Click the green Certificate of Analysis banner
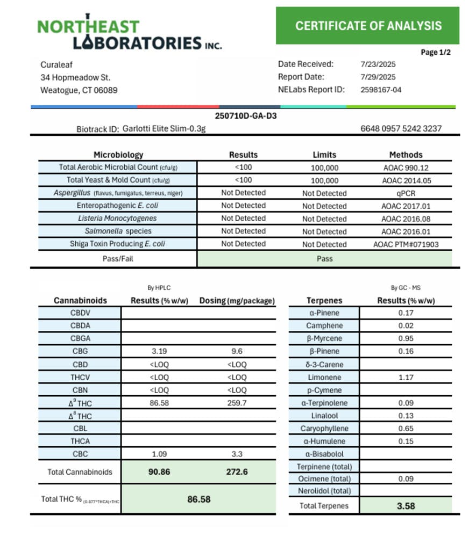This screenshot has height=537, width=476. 368,25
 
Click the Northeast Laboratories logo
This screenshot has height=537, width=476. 129,35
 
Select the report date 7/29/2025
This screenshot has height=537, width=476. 378,77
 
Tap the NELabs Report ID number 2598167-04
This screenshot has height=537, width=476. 381,90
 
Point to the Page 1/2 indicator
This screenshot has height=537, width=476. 436,52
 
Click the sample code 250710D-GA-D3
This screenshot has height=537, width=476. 246,116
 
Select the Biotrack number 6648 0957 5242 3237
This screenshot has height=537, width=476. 401,128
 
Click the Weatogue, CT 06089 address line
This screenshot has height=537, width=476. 79,90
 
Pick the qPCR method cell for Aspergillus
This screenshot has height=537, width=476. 406,193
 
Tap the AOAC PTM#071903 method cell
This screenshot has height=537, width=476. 406,244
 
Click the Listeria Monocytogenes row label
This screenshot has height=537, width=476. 117,218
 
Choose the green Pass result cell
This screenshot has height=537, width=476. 324,258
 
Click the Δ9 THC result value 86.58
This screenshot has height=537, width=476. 159,403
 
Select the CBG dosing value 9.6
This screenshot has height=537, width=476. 237,351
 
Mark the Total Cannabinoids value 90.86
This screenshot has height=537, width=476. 159,472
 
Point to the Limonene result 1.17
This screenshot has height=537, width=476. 406,377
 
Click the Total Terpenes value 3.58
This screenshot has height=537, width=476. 406,506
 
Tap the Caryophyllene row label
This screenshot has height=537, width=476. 324,429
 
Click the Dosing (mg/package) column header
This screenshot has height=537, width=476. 237,301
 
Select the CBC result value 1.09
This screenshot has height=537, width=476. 159,454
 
